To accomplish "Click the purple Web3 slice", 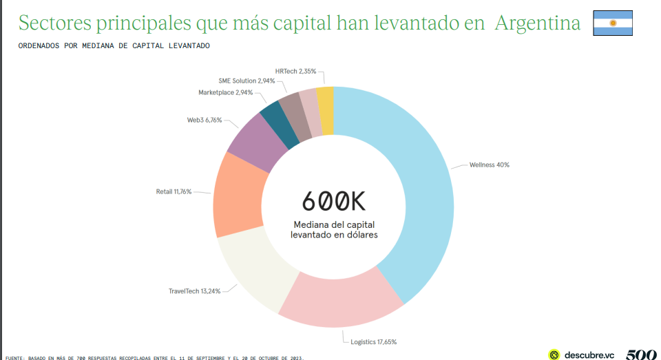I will click(258, 140).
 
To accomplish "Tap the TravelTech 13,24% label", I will click(195, 291).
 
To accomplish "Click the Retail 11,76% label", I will click(174, 191).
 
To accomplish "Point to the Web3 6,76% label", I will click(204, 120).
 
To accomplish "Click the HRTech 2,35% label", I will click(295, 70).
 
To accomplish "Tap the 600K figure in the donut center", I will click(334, 201).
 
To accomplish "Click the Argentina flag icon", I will click(612, 23).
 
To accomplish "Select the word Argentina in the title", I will click(538, 23).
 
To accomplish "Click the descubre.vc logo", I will click(581, 354).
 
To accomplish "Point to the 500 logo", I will click(641, 354).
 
